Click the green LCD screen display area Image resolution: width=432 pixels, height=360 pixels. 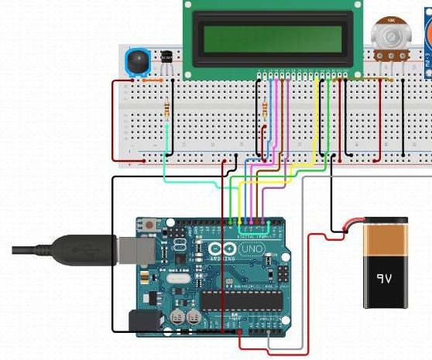pos(272,37)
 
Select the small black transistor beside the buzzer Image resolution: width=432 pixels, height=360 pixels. pos(166,57)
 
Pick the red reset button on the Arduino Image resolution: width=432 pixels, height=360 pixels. pos(147,225)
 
